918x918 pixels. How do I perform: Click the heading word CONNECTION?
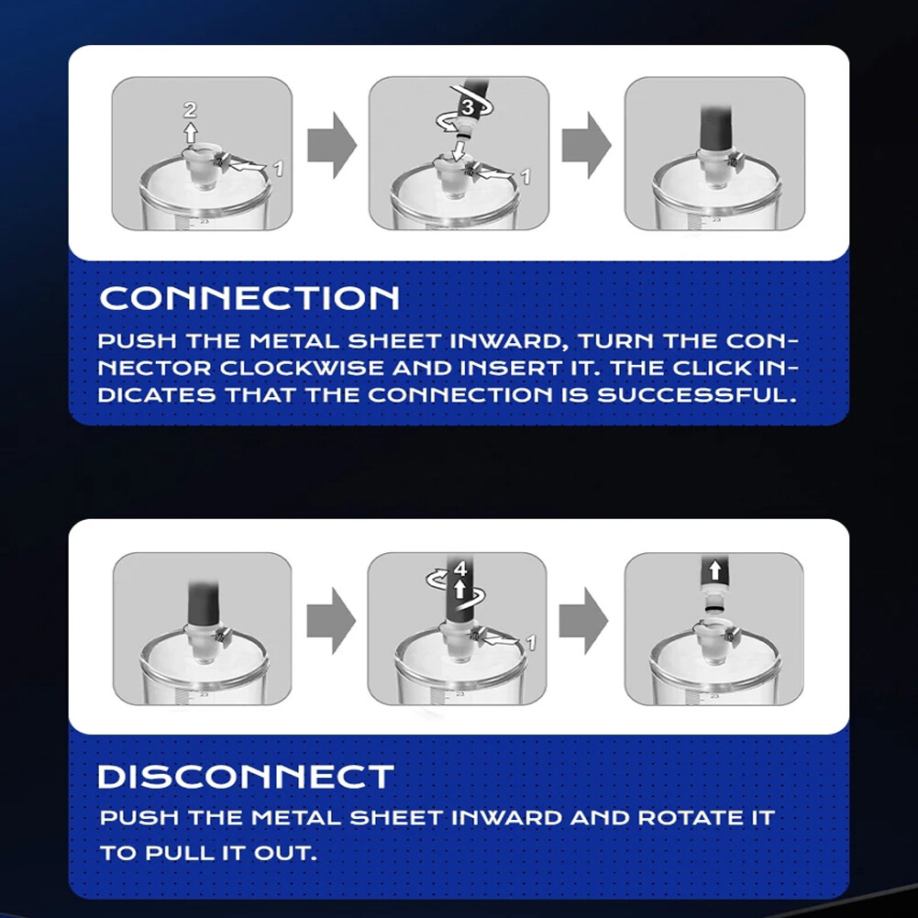coord(249,298)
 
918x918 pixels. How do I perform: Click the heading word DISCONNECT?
coord(246,777)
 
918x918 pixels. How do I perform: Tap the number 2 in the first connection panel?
coord(190,110)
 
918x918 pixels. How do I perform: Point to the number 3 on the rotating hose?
coord(467,107)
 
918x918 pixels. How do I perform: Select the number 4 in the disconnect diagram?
coord(460,570)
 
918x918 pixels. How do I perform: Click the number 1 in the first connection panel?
coord(280,169)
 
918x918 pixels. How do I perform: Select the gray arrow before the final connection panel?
coord(586,146)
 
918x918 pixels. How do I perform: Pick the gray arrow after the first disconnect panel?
coord(330,621)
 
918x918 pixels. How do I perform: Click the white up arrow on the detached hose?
coord(713,575)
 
